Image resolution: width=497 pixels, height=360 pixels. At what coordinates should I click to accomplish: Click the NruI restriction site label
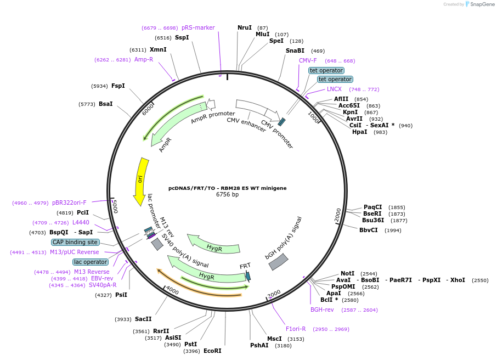click(x=245, y=27)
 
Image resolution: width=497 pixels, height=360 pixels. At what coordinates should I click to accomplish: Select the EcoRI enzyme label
click(x=212, y=351)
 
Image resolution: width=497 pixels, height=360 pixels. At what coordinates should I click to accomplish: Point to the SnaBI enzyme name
click(x=295, y=50)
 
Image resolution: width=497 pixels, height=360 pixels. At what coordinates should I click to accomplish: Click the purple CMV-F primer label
click(x=308, y=60)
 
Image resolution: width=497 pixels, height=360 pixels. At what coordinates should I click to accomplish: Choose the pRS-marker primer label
click(x=198, y=27)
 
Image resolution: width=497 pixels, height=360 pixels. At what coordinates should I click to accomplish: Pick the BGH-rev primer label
click(x=322, y=310)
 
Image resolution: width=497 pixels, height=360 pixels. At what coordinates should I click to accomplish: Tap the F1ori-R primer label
click(x=296, y=329)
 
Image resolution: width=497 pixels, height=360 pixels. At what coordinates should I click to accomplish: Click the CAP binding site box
click(x=75, y=242)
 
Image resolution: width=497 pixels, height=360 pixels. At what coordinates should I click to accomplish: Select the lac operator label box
click(x=91, y=262)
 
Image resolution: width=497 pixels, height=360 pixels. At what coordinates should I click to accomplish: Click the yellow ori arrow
click(x=140, y=178)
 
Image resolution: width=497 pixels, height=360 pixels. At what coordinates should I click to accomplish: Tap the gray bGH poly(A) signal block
click(x=279, y=262)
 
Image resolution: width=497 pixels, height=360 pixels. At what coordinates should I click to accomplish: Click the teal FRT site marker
click(x=248, y=276)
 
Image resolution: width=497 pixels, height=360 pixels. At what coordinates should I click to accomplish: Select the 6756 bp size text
click(x=227, y=194)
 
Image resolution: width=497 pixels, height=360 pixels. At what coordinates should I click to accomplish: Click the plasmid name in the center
click(x=227, y=188)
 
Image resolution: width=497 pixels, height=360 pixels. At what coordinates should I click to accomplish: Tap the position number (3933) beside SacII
click(x=123, y=319)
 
